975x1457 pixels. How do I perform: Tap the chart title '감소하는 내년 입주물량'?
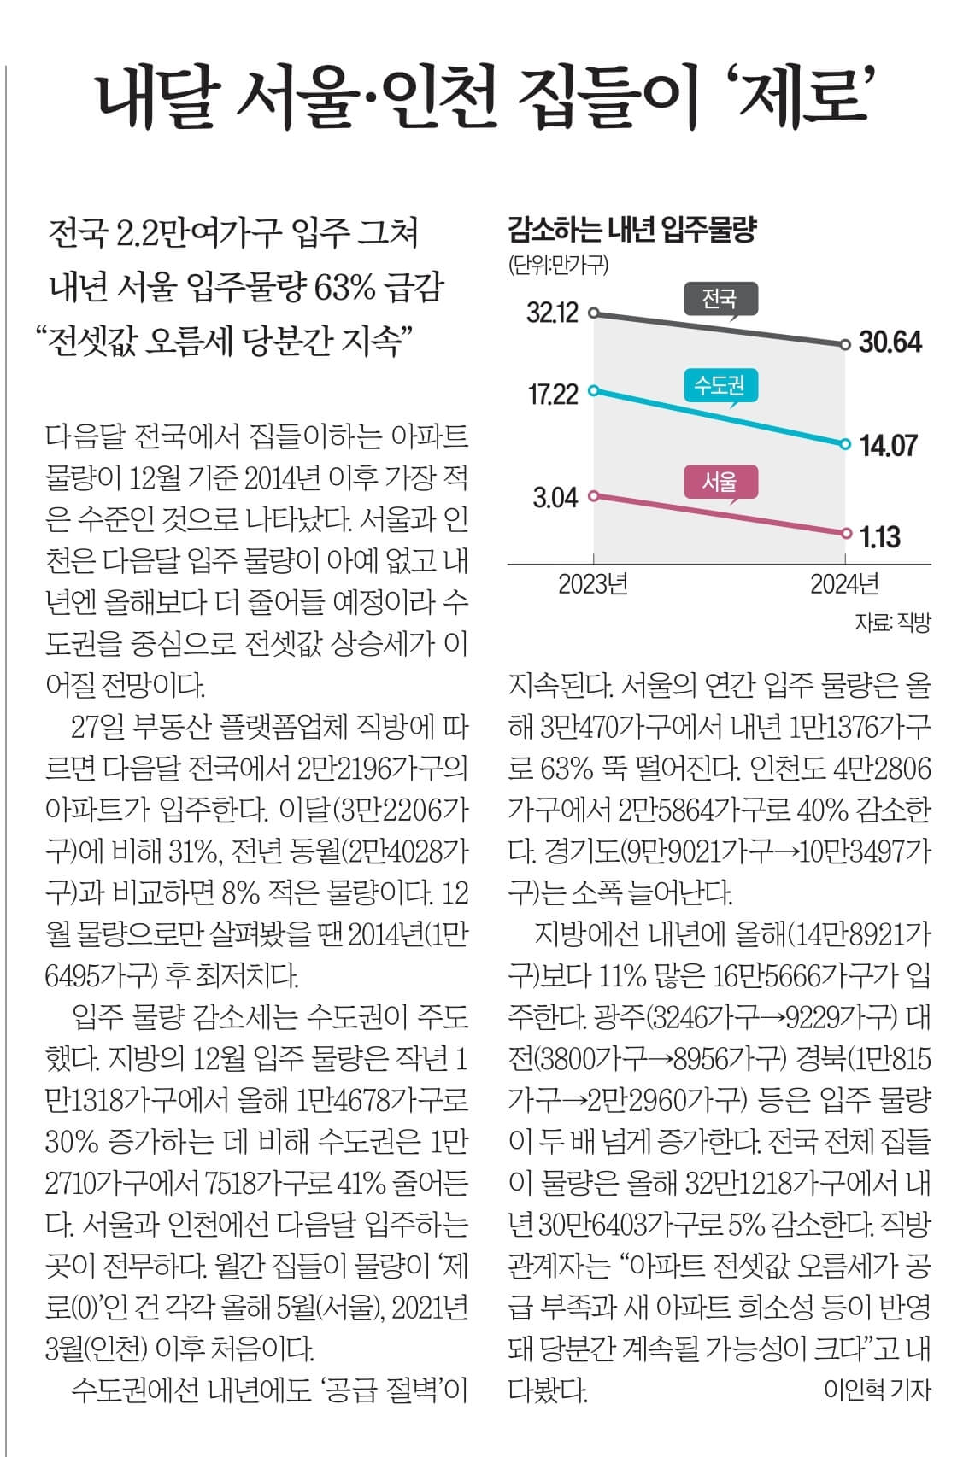(632, 230)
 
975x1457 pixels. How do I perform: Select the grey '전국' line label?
(720, 299)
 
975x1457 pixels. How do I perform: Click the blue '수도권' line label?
(720, 386)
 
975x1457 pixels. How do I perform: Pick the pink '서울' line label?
(720, 482)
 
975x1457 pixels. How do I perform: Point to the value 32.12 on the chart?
(552, 313)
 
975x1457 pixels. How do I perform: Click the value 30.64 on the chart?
(890, 343)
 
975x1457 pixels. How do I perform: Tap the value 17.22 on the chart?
(553, 394)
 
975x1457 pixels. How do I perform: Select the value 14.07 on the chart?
(889, 445)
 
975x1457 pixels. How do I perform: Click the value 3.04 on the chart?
(555, 497)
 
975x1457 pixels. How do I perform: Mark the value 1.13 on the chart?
(879, 536)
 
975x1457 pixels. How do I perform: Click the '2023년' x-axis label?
(593, 584)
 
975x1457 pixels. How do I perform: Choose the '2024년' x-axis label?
(844, 584)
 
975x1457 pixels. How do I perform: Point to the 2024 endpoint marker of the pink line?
(846, 533)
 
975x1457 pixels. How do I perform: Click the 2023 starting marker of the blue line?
(596, 391)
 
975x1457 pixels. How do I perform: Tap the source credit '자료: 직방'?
(892, 623)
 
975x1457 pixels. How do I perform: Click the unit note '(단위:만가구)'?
(558, 265)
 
